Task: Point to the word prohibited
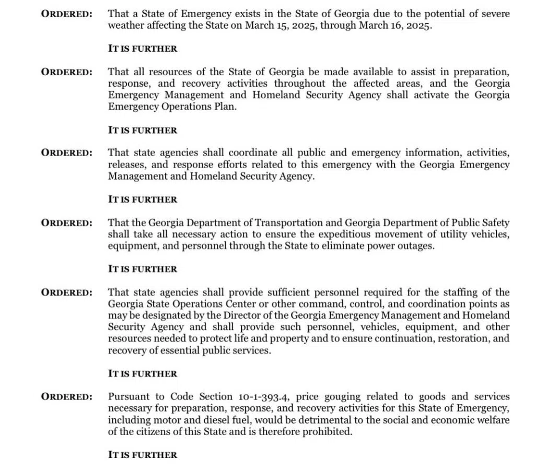(x=322, y=432)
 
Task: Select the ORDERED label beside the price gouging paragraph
(x=67, y=397)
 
